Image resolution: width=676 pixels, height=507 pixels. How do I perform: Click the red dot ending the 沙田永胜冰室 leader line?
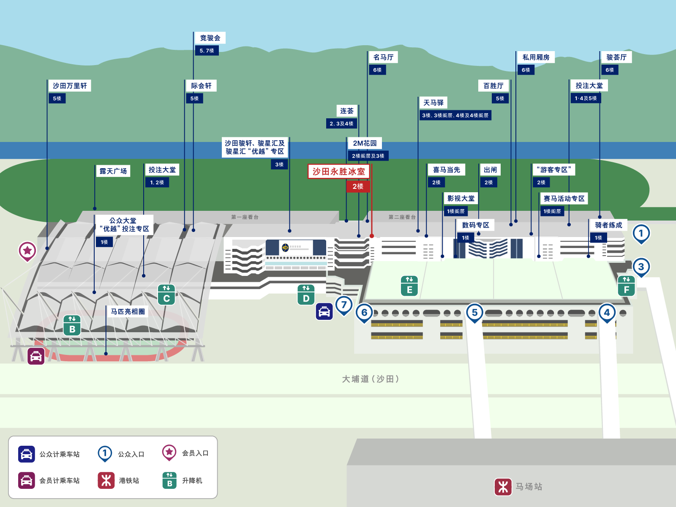click(372, 236)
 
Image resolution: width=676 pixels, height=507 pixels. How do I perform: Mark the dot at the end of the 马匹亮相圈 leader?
click(106, 354)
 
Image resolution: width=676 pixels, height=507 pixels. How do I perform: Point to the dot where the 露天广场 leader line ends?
click(95, 208)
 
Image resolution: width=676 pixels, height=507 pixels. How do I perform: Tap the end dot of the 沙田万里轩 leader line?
click(47, 248)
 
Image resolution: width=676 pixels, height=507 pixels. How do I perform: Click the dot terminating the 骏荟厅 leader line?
click(600, 217)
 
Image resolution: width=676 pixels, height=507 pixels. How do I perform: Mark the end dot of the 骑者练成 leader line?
click(588, 256)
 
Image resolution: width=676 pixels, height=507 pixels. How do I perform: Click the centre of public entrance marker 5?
click(474, 313)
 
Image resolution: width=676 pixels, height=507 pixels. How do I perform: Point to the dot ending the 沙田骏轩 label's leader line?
click(289, 231)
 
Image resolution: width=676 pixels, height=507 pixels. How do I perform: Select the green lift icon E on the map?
click(409, 286)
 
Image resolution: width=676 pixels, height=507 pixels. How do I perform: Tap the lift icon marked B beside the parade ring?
click(72, 325)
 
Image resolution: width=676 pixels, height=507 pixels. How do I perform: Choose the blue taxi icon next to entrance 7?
click(324, 311)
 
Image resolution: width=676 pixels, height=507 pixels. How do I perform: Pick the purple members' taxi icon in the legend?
click(27, 480)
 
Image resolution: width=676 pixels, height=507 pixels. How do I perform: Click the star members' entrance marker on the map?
click(27, 251)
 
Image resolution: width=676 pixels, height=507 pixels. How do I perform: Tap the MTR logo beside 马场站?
click(503, 487)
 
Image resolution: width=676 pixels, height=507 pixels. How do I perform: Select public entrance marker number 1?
click(641, 234)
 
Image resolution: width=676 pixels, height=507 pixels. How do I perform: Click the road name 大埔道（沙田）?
click(371, 379)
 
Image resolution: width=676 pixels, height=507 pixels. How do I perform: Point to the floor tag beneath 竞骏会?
click(207, 50)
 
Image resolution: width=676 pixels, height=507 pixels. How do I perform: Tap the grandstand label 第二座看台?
click(402, 217)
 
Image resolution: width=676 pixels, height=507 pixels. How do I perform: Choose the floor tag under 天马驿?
click(455, 115)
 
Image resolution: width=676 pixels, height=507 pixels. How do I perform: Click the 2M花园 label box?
click(365, 143)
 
